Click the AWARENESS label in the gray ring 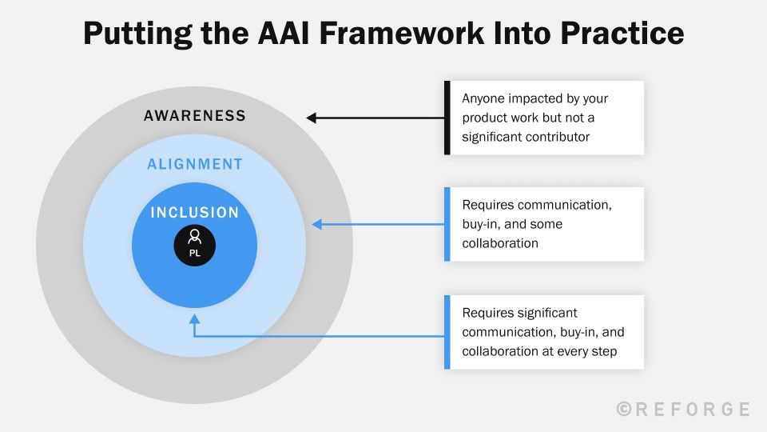tap(194, 116)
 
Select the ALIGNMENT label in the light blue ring tap(194, 164)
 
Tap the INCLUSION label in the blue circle tap(194, 213)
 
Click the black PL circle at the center tap(194, 245)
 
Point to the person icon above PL tap(194, 237)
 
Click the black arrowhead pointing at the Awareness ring tap(312, 118)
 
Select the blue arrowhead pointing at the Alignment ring tap(316, 224)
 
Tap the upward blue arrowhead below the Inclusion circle tap(194, 318)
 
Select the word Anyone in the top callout tap(484, 98)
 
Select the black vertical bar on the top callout tap(447, 118)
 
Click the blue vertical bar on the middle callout tap(447, 224)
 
